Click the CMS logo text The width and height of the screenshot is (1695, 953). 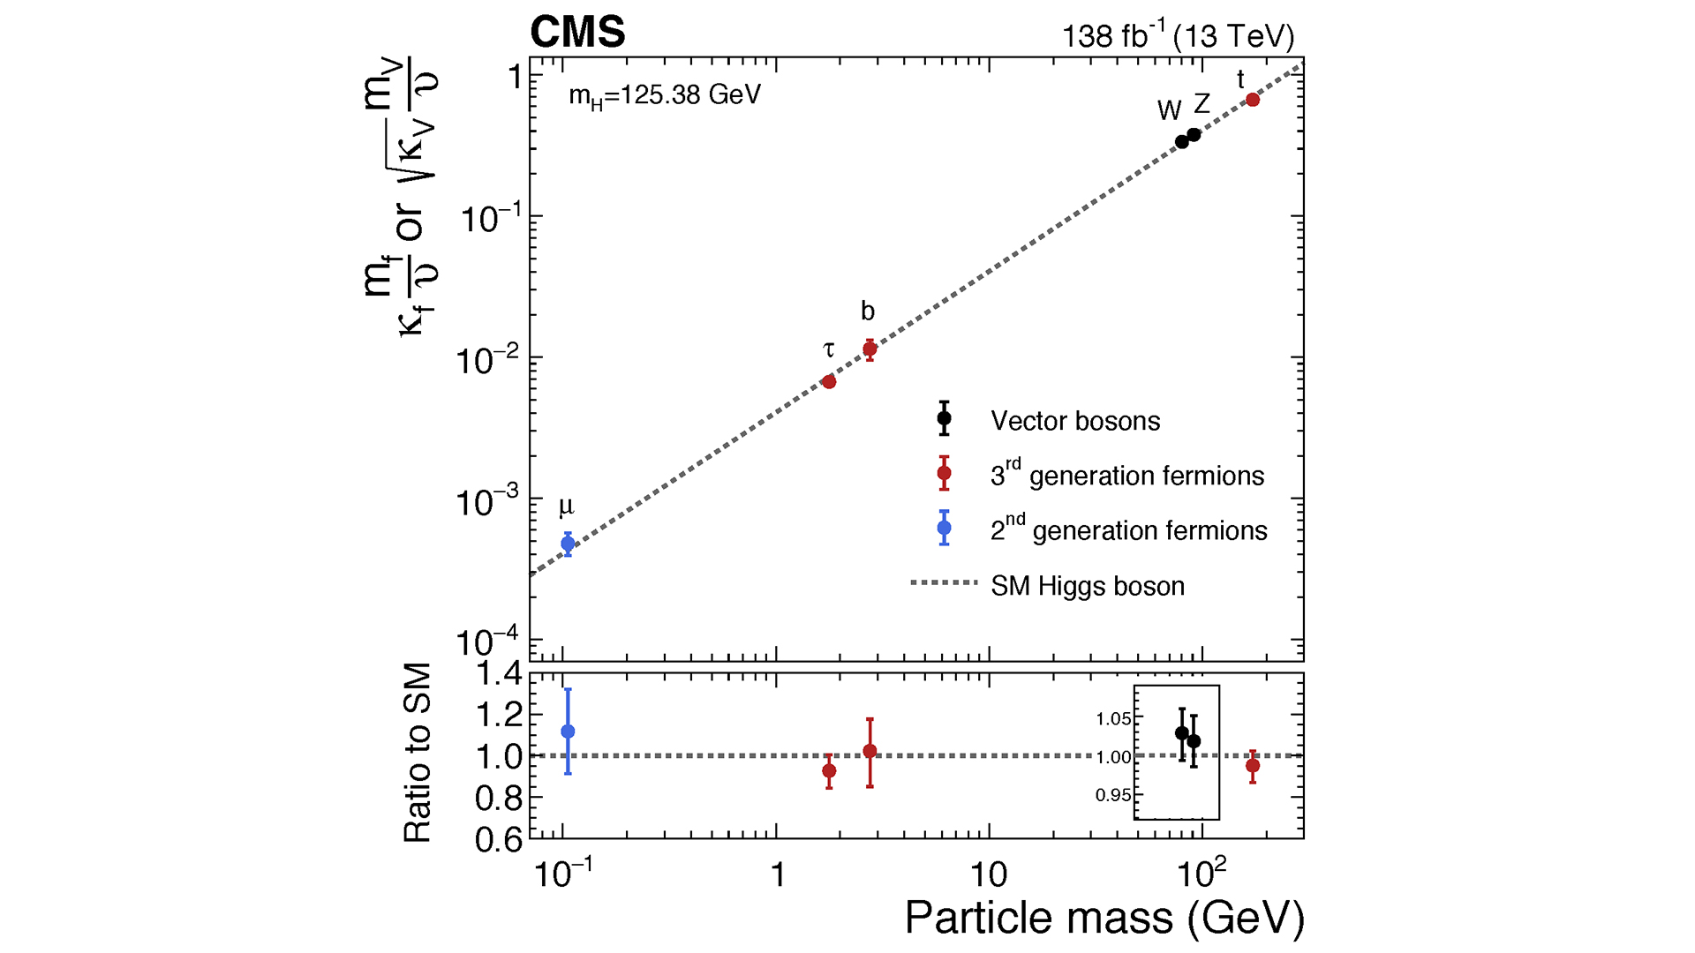577,33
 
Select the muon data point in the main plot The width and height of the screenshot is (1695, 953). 568,544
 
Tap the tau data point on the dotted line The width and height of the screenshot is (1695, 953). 829,382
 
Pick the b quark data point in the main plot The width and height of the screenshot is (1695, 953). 870,349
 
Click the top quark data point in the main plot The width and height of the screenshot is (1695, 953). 1253,100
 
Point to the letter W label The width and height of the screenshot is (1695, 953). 1169,110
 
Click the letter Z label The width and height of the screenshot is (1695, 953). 1202,104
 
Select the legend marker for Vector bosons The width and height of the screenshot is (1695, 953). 944,418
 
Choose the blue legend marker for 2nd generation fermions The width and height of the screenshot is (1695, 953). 944,528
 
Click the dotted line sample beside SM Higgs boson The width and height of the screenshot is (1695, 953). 944,582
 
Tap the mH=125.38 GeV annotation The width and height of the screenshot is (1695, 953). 664,95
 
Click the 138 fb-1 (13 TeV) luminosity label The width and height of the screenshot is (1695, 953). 1178,36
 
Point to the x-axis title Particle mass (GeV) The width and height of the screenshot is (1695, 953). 1104,918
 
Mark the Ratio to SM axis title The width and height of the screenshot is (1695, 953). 418,753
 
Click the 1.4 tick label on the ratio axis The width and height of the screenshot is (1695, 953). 499,675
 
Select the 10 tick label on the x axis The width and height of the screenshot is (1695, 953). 988,874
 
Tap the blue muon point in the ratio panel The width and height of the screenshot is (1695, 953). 568,732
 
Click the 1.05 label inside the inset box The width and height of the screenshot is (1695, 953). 1113,719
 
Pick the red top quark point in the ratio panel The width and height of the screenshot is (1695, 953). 1253,766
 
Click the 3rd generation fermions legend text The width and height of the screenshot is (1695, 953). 1126,476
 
